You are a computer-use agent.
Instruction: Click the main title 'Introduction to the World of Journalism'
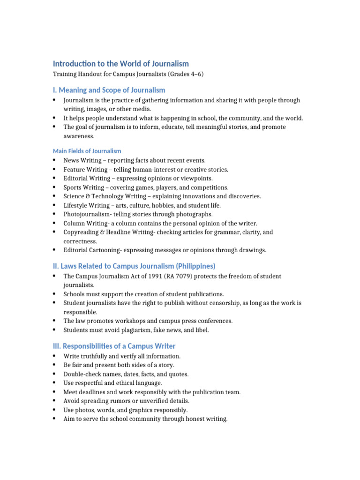point(120,64)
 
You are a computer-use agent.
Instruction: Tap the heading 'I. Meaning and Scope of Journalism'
point(109,90)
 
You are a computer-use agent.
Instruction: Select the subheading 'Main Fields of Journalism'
point(87,151)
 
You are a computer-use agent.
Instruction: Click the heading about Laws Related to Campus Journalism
point(134,266)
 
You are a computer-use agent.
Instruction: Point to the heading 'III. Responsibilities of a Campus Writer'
point(114,346)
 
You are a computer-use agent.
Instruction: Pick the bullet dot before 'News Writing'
point(55,160)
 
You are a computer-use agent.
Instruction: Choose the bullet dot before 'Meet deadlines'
point(55,392)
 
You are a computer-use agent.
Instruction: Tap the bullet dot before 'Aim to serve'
point(55,419)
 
